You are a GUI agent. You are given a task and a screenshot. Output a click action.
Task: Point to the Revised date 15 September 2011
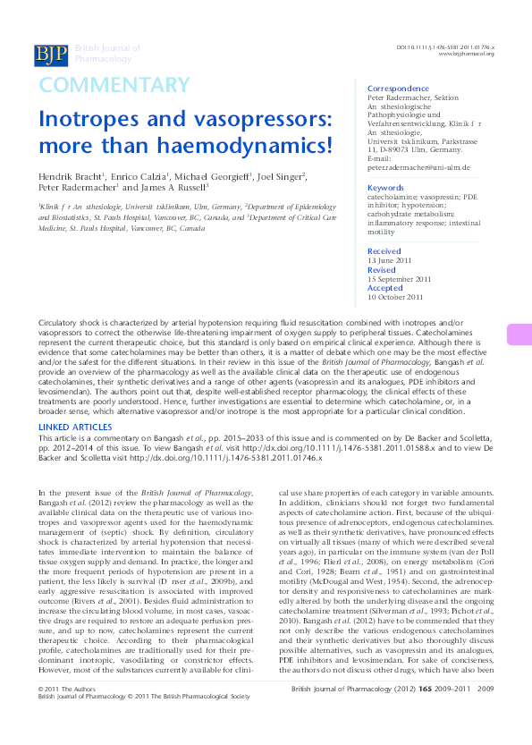pyautogui.click(x=399, y=279)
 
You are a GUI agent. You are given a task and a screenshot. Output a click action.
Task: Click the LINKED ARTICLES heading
pyautogui.click(x=75, y=428)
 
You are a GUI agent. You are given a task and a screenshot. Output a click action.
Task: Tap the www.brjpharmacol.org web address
pyautogui.click(x=466, y=53)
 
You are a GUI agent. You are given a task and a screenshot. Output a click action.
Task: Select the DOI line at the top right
pyautogui.click(x=445, y=46)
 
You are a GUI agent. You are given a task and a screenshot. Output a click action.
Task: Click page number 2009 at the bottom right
pyautogui.click(x=486, y=715)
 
